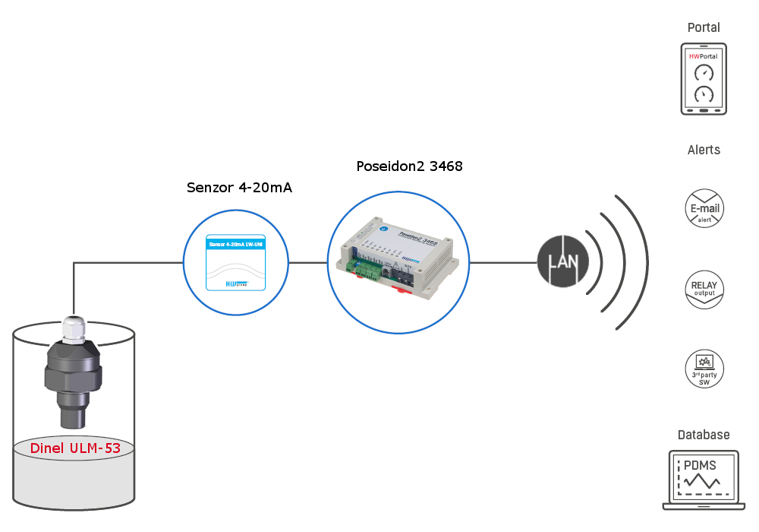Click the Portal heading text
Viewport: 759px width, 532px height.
[x=704, y=27]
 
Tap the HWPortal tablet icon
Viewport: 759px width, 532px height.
[x=704, y=79]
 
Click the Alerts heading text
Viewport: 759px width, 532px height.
[x=704, y=150]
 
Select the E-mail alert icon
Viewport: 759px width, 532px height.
[x=704, y=208]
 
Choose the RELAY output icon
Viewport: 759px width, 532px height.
[x=704, y=289]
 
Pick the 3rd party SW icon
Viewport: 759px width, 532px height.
[x=704, y=369]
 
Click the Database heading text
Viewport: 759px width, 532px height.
[x=704, y=435]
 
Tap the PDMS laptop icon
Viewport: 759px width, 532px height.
[x=703, y=480]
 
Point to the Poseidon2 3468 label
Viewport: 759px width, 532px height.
[x=409, y=166]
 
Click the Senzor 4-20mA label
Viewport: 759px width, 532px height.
[x=239, y=187]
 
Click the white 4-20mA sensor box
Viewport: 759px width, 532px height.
[x=235, y=262]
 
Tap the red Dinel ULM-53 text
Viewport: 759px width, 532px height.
[x=75, y=448]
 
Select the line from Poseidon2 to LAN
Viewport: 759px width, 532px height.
[x=502, y=263]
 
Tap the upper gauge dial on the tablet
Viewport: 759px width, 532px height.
[x=704, y=72]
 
